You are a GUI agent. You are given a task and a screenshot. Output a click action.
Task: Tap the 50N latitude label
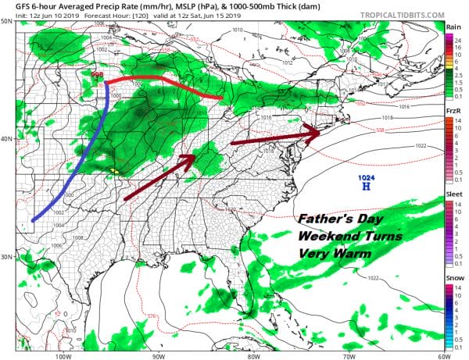[7, 22]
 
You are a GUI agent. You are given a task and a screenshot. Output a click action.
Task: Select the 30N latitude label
[7, 257]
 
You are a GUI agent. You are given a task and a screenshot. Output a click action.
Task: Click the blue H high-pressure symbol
[365, 187]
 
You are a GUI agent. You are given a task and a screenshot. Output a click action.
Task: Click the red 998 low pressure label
[98, 75]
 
